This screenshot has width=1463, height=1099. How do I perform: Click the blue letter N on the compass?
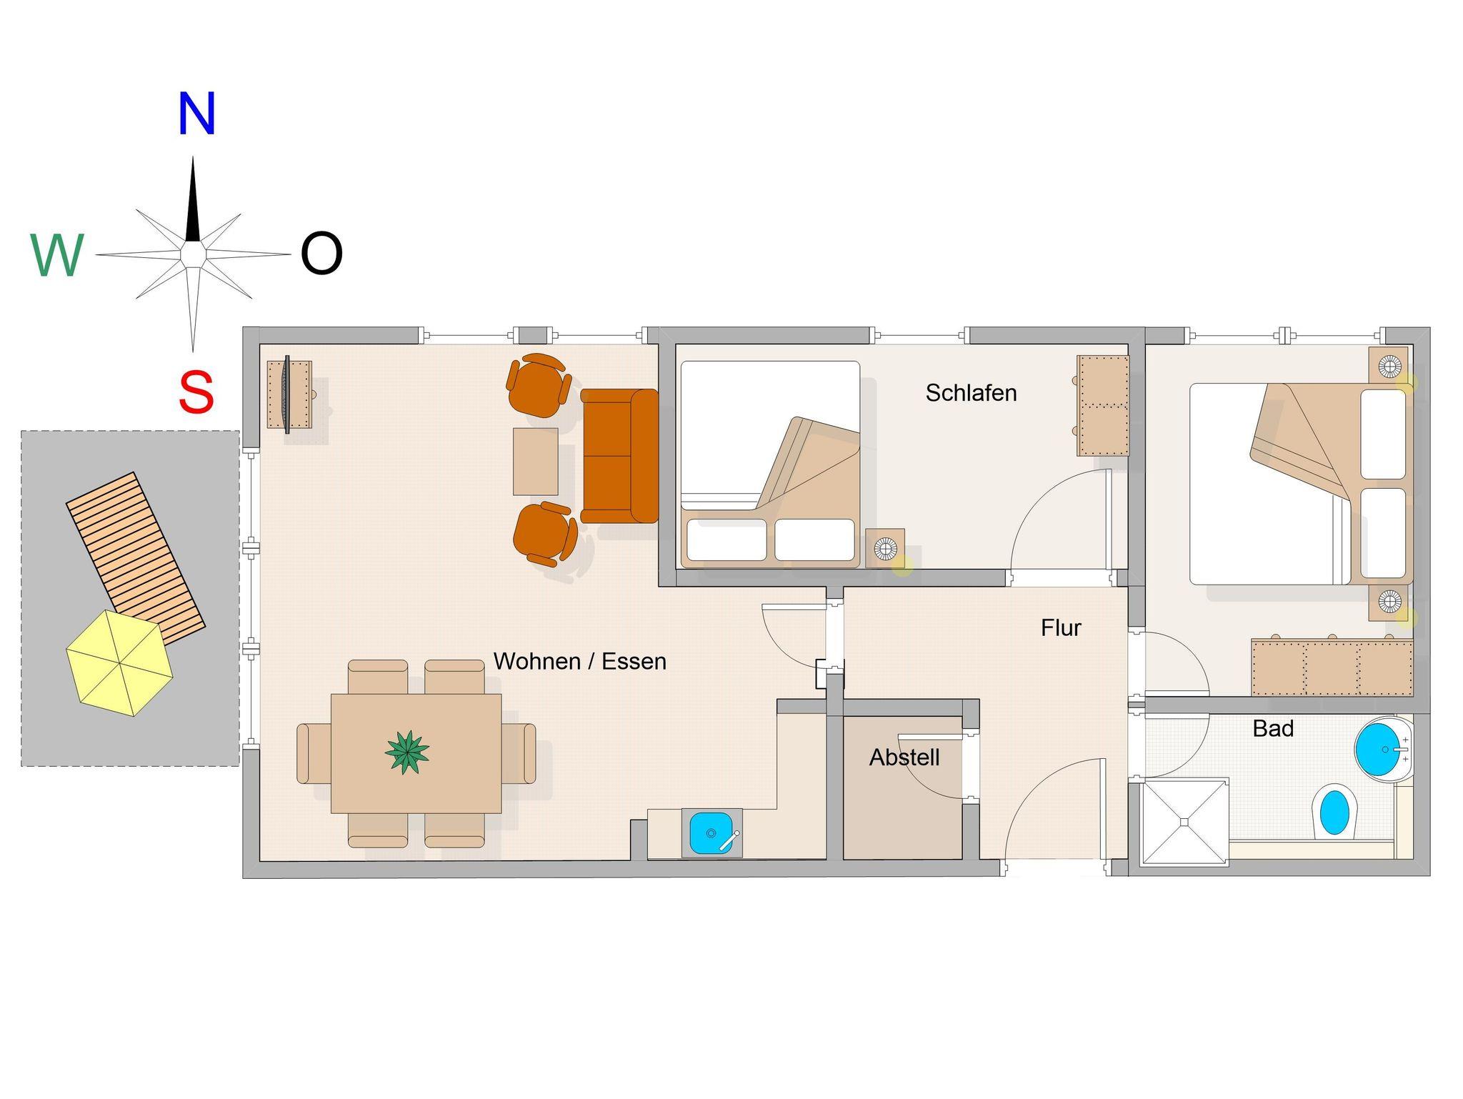[196, 114]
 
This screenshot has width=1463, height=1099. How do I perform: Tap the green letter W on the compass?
[57, 256]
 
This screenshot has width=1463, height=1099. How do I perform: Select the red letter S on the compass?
[196, 392]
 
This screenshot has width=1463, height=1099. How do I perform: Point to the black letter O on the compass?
[321, 254]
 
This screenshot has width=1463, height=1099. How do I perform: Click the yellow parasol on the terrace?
[120, 663]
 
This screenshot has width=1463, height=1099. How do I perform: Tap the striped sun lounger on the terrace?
[136, 557]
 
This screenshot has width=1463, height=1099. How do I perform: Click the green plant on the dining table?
[407, 752]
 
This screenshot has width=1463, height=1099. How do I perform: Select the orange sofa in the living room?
[619, 456]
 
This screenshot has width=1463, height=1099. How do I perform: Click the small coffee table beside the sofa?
[535, 462]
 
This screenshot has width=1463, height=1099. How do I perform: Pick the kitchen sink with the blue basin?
[711, 832]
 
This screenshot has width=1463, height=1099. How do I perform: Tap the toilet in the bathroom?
[1334, 811]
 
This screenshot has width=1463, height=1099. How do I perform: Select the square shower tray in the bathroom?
[1184, 822]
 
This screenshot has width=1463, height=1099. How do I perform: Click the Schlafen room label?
[971, 393]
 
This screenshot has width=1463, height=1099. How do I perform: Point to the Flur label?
[1061, 628]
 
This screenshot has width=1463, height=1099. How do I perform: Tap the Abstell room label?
[904, 757]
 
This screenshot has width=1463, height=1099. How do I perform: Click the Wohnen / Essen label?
[579, 662]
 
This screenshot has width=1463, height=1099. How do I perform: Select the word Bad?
[1273, 729]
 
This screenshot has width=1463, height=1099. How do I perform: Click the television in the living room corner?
[287, 394]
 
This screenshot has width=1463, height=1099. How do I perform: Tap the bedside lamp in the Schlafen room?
[886, 549]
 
